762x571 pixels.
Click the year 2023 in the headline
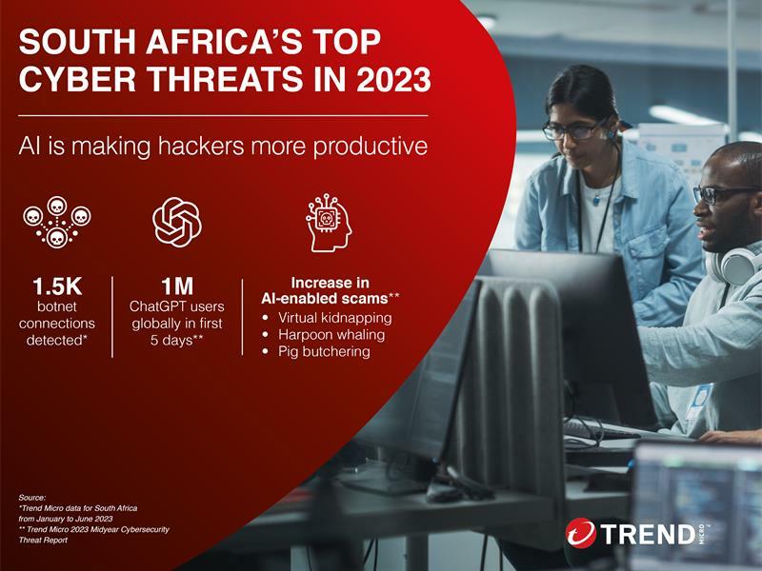[x=393, y=79]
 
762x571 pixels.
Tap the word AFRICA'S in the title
[x=217, y=41]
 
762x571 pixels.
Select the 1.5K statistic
[x=57, y=286]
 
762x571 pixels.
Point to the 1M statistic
[x=177, y=286]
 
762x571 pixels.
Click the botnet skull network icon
[x=57, y=222]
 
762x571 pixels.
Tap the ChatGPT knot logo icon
[x=177, y=222]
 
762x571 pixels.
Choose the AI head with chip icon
[x=329, y=223]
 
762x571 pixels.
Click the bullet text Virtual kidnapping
[x=335, y=318]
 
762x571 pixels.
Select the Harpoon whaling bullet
[x=331, y=335]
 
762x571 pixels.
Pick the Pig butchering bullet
[x=324, y=351]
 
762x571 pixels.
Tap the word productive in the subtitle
[x=371, y=147]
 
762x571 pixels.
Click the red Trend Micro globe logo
[x=581, y=533]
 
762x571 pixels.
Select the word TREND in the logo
[x=648, y=534]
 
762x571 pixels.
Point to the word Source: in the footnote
[x=32, y=497]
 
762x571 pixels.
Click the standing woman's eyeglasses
[x=575, y=129]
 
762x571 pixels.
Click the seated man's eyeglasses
[x=724, y=194]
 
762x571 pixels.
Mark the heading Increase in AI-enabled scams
[x=330, y=290]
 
